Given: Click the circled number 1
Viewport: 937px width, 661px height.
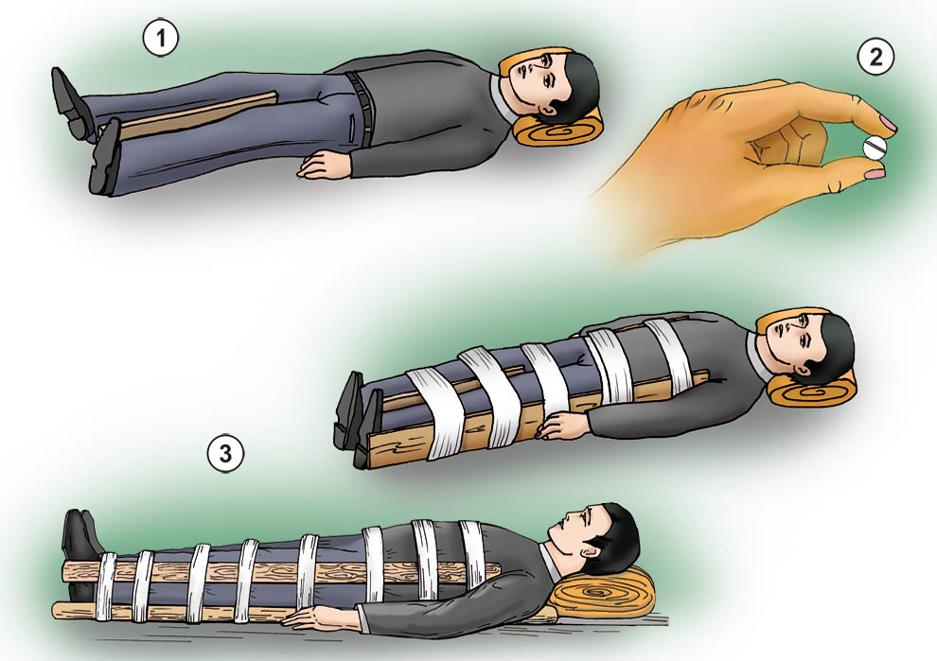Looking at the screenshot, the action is [x=160, y=38].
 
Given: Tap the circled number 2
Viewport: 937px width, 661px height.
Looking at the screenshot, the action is [x=875, y=57].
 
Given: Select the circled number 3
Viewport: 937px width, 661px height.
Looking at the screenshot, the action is [x=225, y=455].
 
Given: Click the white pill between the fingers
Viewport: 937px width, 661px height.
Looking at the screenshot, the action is [x=875, y=147].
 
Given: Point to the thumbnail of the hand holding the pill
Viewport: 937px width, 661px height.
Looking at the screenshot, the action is [x=875, y=174].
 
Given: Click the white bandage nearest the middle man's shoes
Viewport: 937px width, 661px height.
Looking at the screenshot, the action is [x=434, y=412].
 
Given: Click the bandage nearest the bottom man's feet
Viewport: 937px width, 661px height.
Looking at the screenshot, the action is [x=106, y=586].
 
